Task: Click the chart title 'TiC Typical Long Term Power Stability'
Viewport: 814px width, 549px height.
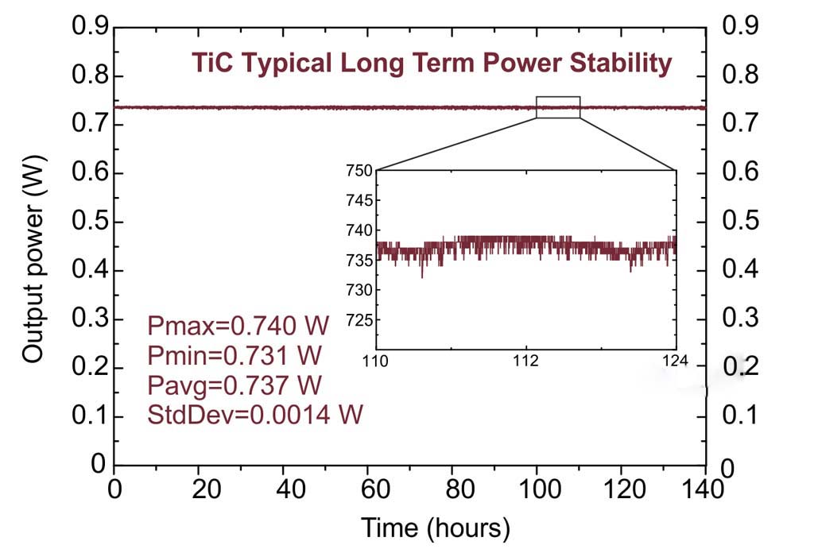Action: click(x=432, y=63)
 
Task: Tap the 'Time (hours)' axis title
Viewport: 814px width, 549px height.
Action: click(x=436, y=527)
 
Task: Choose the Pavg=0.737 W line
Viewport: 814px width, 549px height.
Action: click(x=235, y=385)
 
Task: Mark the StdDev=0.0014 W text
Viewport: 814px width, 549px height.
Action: click(x=255, y=415)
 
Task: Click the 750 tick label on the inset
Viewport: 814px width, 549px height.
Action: click(x=359, y=171)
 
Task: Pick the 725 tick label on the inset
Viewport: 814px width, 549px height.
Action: click(x=359, y=320)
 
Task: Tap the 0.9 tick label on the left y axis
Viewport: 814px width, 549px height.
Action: click(x=90, y=26)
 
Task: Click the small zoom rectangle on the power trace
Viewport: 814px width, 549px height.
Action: click(x=558, y=107)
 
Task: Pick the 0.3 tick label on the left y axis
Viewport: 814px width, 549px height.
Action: click(x=90, y=319)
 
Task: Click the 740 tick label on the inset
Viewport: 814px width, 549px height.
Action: click(x=359, y=230)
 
